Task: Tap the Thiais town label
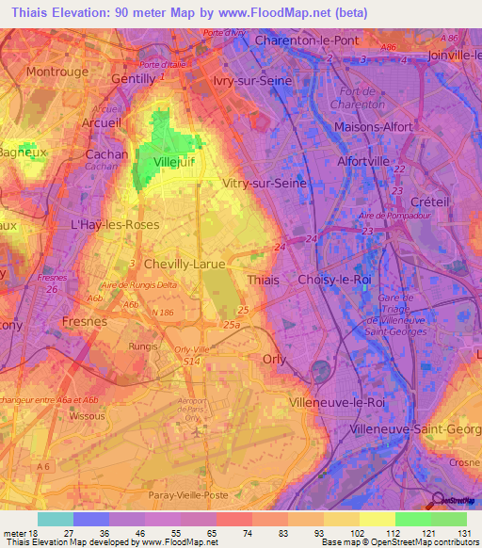[262, 280]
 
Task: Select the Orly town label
[274, 359]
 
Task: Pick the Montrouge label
[56, 72]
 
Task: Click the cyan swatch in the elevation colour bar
[56, 518]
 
